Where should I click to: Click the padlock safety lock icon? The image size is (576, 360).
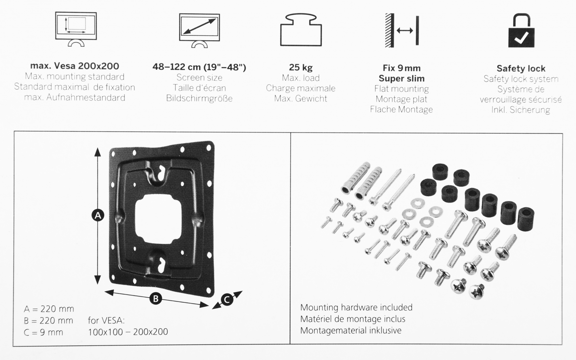click(x=521, y=31)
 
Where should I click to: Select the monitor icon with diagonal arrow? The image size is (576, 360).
click(x=199, y=30)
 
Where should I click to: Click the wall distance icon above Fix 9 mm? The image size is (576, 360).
click(x=402, y=31)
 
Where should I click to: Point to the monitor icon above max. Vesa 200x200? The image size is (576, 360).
click(x=76, y=29)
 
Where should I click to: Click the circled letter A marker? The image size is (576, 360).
click(x=98, y=215)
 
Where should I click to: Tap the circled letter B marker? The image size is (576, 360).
click(x=156, y=298)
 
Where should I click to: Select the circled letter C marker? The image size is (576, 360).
click(x=227, y=300)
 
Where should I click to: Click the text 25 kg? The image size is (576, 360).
click(x=301, y=67)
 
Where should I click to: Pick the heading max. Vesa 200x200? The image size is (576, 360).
click(x=75, y=66)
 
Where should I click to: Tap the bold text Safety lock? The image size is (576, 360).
click(x=521, y=69)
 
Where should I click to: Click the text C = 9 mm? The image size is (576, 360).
click(x=43, y=332)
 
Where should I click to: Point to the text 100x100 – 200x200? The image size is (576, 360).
click(x=128, y=332)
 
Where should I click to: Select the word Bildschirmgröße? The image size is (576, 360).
click(x=199, y=98)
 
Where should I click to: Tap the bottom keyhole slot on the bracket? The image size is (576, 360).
click(x=159, y=262)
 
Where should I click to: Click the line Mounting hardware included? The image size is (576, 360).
click(x=356, y=308)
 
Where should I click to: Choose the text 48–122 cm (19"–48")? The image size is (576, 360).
click(x=199, y=67)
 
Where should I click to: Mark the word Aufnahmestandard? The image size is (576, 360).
click(x=86, y=98)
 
